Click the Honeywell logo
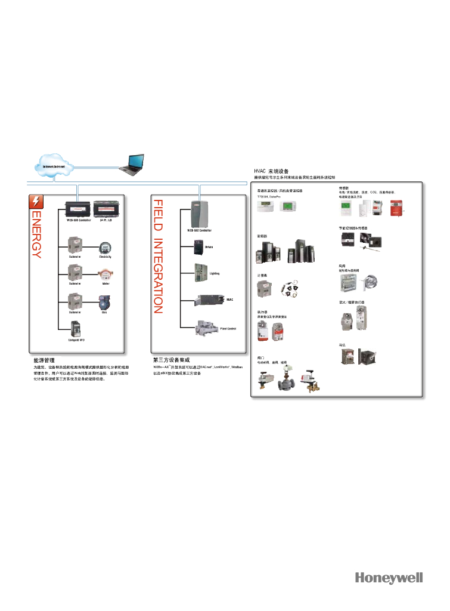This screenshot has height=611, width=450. coord(389,578)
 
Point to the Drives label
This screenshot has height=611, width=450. coord(209,246)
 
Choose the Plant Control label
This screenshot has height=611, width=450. coord(228,328)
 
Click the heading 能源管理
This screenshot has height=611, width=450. coord(45,361)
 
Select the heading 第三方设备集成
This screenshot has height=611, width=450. coord(170,361)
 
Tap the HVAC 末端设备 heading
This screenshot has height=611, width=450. coord(272,171)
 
